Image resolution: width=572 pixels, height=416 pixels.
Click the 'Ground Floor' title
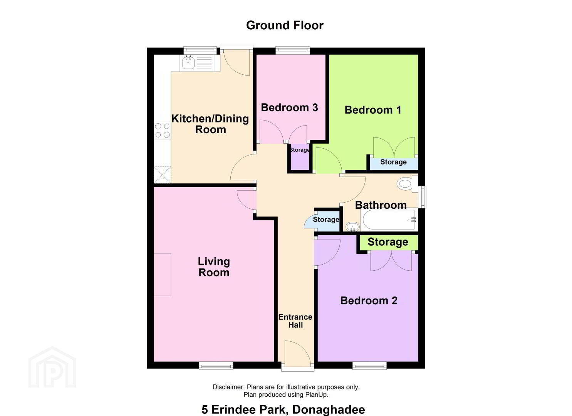click(x=285, y=25)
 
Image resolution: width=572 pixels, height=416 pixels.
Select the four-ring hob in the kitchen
click(x=163, y=131)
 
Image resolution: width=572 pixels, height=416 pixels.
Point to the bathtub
click(x=390, y=220)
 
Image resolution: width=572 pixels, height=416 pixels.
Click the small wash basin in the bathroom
click(x=353, y=226)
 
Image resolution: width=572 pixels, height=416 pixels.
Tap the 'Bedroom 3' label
click(x=289, y=107)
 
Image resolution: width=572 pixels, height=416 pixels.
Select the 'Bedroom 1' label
click(x=373, y=110)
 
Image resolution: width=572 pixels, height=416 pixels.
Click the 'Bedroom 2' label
click(x=369, y=300)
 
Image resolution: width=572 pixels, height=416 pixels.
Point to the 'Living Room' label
click(x=214, y=267)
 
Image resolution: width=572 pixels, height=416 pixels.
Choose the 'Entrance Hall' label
click(x=295, y=321)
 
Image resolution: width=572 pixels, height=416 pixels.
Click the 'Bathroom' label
click(x=381, y=205)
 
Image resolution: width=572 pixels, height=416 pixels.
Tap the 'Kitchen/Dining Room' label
click(x=210, y=124)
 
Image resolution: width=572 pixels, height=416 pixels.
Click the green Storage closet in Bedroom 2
click(x=389, y=243)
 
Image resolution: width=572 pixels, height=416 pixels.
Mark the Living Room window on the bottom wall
click(x=216, y=366)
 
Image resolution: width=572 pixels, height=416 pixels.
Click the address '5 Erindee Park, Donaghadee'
click(x=283, y=409)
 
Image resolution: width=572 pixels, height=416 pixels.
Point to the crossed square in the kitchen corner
click(x=163, y=174)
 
